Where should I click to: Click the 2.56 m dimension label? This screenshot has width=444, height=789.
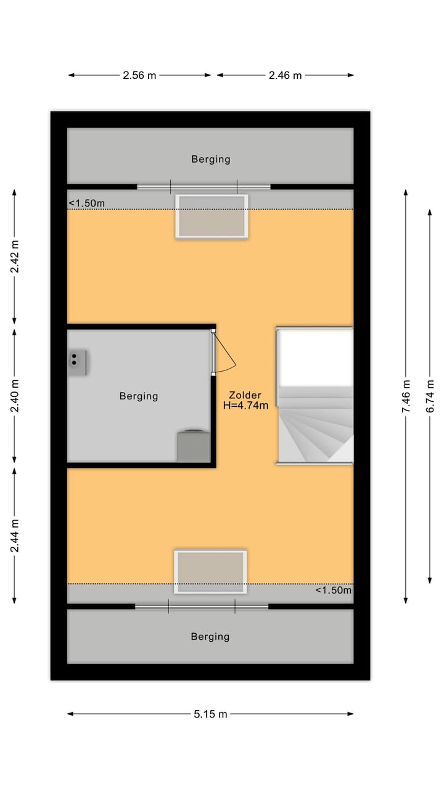139,75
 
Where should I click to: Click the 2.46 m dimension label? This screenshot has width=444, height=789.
285,75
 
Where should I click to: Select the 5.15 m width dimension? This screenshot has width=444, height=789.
210,714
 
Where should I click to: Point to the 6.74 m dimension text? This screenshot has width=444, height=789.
430,396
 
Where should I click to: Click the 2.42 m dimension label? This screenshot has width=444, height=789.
15,256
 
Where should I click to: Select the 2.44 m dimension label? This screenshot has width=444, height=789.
15,535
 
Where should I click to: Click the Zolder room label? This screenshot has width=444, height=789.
245,395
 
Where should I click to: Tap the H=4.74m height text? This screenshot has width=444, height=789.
245,406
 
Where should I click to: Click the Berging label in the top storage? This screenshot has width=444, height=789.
210,159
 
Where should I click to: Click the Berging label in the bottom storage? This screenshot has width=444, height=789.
210,636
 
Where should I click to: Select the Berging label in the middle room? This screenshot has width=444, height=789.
139,396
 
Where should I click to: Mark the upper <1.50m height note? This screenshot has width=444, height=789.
86,203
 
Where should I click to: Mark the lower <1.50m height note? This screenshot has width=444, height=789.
333,590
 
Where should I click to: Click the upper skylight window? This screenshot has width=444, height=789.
212,216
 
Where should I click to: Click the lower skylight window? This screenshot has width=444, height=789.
210,572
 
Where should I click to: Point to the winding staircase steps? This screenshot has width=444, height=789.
314,431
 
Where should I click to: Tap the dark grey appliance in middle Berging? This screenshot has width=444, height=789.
194,446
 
